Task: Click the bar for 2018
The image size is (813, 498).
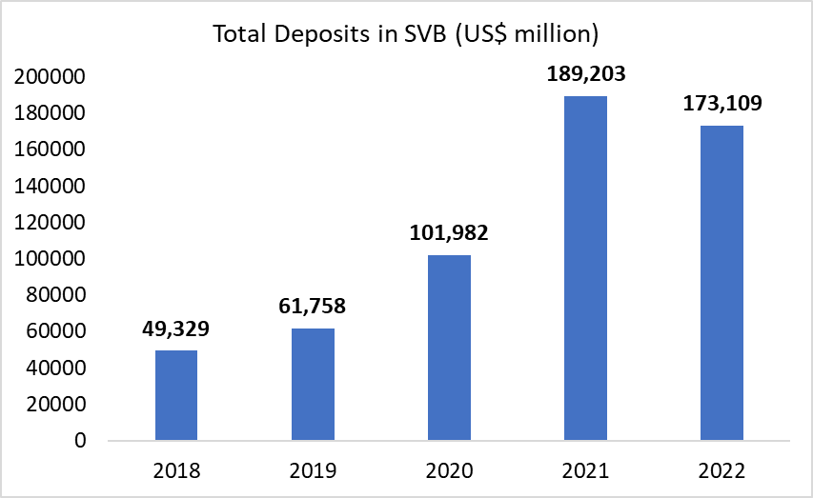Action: (176, 395)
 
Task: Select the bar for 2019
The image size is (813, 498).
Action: (313, 385)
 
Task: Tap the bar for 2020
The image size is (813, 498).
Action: (449, 348)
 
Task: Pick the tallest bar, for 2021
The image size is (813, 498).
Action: (585, 269)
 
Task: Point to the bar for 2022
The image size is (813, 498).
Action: (722, 283)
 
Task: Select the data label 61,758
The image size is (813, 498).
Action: (313, 307)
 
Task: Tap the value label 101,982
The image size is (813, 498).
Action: (449, 233)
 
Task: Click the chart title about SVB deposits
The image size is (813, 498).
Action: (406, 34)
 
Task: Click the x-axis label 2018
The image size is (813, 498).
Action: (176, 470)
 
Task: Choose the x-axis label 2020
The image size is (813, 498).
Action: (449, 470)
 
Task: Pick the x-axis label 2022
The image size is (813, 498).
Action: (722, 470)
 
